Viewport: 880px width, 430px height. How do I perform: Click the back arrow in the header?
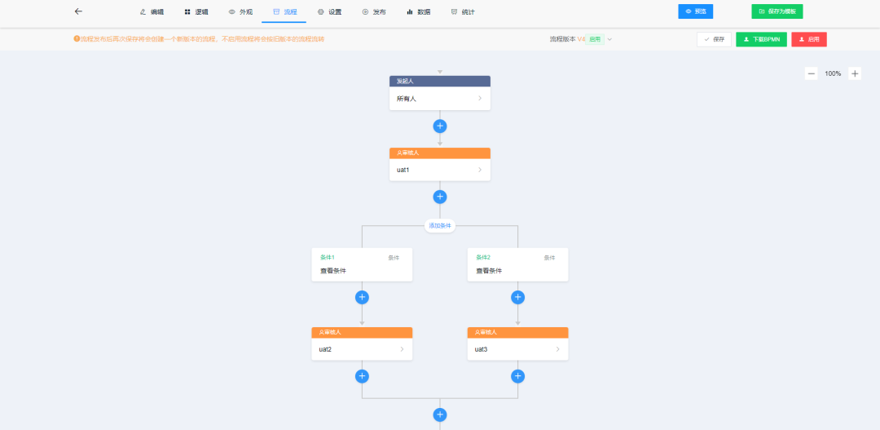tap(78, 11)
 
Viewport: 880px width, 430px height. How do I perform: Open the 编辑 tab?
tap(152, 12)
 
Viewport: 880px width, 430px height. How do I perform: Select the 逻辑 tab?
tap(196, 12)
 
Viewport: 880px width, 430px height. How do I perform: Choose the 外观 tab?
tap(240, 12)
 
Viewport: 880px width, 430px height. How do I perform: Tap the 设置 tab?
tap(330, 12)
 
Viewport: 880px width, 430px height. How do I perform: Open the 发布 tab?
tap(374, 12)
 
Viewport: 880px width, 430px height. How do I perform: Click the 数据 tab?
tap(419, 12)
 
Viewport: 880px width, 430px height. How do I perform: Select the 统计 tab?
tap(463, 12)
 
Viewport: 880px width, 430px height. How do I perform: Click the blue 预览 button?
tap(695, 11)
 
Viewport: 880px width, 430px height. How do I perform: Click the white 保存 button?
tap(714, 39)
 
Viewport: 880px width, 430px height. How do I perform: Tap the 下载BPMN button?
tap(761, 39)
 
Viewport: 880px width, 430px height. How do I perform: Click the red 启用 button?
tap(808, 39)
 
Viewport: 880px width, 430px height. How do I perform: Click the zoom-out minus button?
tap(812, 73)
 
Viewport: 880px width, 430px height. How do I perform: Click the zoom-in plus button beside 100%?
tap(855, 73)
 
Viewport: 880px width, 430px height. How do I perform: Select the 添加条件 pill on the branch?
tap(440, 225)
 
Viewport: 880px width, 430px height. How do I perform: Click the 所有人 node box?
tap(440, 99)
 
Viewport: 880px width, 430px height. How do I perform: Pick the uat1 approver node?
tap(440, 170)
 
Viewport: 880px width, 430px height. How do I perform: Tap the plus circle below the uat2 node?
tap(362, 376)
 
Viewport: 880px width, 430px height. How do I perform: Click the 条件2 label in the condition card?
tap(483, 257)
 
